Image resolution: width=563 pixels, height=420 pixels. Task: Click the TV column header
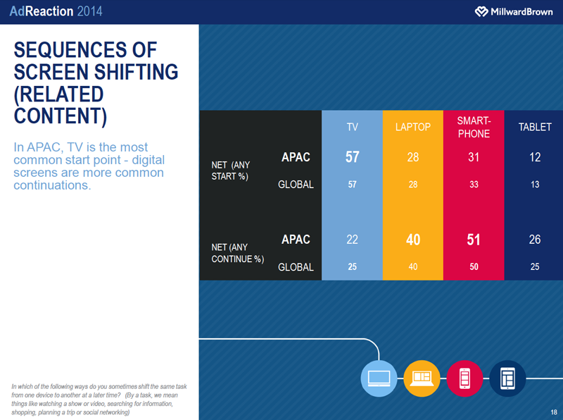click(353, 128)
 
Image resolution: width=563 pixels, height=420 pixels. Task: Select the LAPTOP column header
click(413, 128)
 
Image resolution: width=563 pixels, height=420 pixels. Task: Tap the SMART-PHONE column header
click(474, 127)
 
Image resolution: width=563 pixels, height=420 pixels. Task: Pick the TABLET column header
click(534, 128)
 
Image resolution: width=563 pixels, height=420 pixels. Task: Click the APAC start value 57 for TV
click(353, 157)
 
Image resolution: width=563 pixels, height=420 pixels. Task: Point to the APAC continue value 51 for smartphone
click(474, 240)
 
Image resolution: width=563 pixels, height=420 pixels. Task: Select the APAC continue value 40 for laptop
click(413, 240)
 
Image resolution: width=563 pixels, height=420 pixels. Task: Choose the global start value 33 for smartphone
click(474, 185)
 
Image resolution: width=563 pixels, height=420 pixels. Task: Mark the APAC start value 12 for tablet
click(534, 157)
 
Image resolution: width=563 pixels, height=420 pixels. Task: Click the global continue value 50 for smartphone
click(474, 267)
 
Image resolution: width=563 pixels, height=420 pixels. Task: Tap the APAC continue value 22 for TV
click(353, 240)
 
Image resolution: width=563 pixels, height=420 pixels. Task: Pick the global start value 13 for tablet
click(534, 185)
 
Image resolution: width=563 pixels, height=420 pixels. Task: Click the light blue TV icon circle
click(379, 378)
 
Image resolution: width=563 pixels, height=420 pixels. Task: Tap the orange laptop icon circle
click(422, 378)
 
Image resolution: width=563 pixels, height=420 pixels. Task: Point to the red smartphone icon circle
click(464, 378)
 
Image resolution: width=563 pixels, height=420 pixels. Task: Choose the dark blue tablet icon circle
click(507, 378)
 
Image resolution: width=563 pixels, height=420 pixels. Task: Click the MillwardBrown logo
click(513, 12)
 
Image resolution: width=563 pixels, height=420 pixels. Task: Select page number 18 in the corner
click(554, 412)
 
